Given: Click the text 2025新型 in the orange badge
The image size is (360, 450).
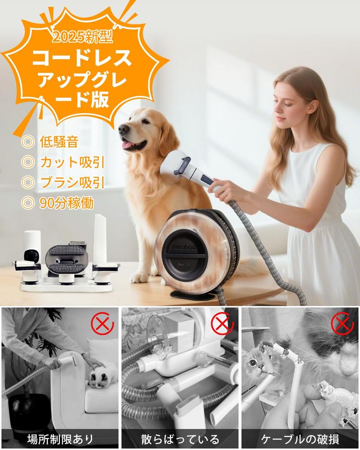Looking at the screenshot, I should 82,37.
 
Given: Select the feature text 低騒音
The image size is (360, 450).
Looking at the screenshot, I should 59,142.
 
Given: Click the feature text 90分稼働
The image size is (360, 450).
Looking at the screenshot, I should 66,203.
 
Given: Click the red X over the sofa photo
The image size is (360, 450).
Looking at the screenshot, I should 102,324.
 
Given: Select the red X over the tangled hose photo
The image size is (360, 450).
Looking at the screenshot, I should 222,324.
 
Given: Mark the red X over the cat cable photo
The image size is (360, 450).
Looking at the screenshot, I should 342,324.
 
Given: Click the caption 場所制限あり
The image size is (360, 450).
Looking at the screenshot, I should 60,439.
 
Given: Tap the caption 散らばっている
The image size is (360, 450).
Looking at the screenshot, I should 180,439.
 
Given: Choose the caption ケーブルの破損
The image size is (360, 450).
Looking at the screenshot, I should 300,439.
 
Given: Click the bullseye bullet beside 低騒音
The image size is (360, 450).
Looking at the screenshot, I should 27,143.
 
